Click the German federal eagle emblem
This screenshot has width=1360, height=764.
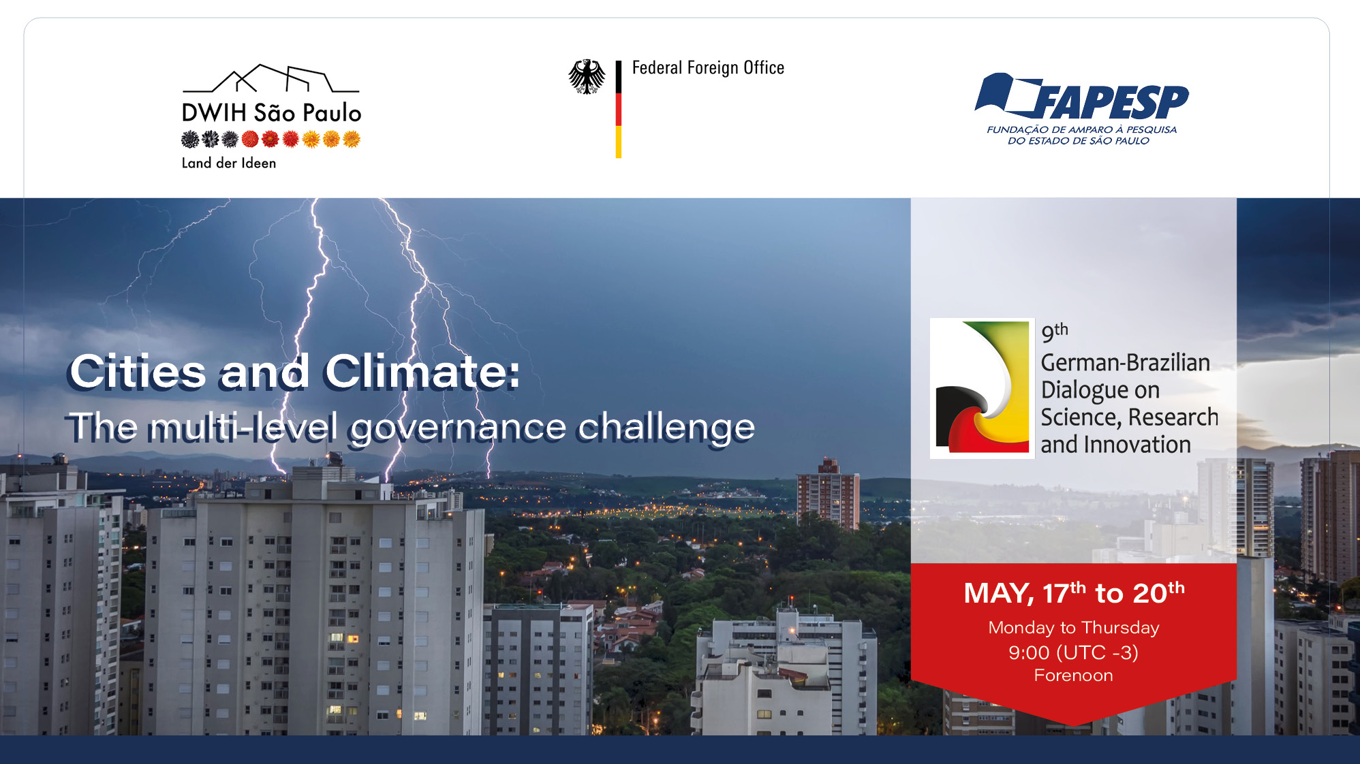tap(587, 76)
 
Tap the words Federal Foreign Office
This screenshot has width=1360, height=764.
tap(708, 68)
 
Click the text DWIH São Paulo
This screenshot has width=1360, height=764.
tap(271, 113)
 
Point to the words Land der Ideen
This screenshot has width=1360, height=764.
tap(229, 163)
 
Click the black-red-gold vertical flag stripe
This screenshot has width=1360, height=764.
tap(619, 110)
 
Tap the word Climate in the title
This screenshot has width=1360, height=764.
tap(422, 372)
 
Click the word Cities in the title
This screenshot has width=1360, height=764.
tap(138, 372)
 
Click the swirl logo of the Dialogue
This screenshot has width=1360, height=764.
tap(983, 388)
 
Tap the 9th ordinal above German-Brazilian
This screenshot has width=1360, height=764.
tap(1055, 332)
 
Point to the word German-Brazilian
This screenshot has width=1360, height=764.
tap(1126, 362)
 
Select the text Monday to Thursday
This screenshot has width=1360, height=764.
tap(1074, 628)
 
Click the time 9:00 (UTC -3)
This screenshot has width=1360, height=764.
tap(1074, 652)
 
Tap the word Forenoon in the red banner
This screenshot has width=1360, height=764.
tap(1074, 675)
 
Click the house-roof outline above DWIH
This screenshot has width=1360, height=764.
tap(271, 78)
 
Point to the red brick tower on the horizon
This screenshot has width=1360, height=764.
tap(828, 493)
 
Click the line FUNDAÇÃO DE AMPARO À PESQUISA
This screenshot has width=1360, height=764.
tap(1081, 129)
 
